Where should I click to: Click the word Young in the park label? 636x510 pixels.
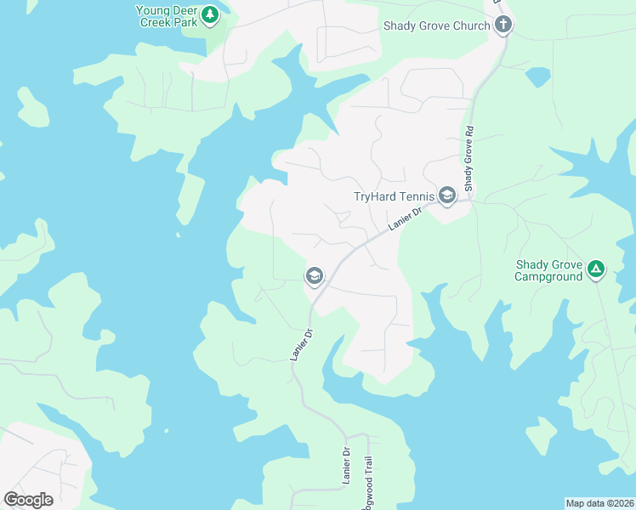(x=154, y=10)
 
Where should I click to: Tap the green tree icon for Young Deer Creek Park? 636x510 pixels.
(x=209, y=14)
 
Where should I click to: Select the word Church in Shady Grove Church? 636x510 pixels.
(x=471, y=25)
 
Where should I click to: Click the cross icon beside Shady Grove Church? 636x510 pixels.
(x=503, y=25)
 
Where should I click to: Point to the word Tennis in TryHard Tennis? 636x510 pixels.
(x=414, y=196)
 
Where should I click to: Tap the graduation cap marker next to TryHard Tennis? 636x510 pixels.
(x=447, y=195)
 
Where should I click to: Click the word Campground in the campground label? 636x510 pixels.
(x=549, y=276)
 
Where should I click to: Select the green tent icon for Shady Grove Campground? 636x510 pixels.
(x=597, y=270)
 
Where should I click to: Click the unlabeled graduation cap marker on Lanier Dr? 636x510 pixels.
(x=314, y=275)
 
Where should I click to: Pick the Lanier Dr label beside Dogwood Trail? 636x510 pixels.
(x=347, y=466)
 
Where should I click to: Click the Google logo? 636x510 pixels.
(x=28, y=499)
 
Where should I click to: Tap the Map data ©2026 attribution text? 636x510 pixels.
(x=599, y=502)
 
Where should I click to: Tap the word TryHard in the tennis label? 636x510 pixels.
(x=374, y=196)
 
